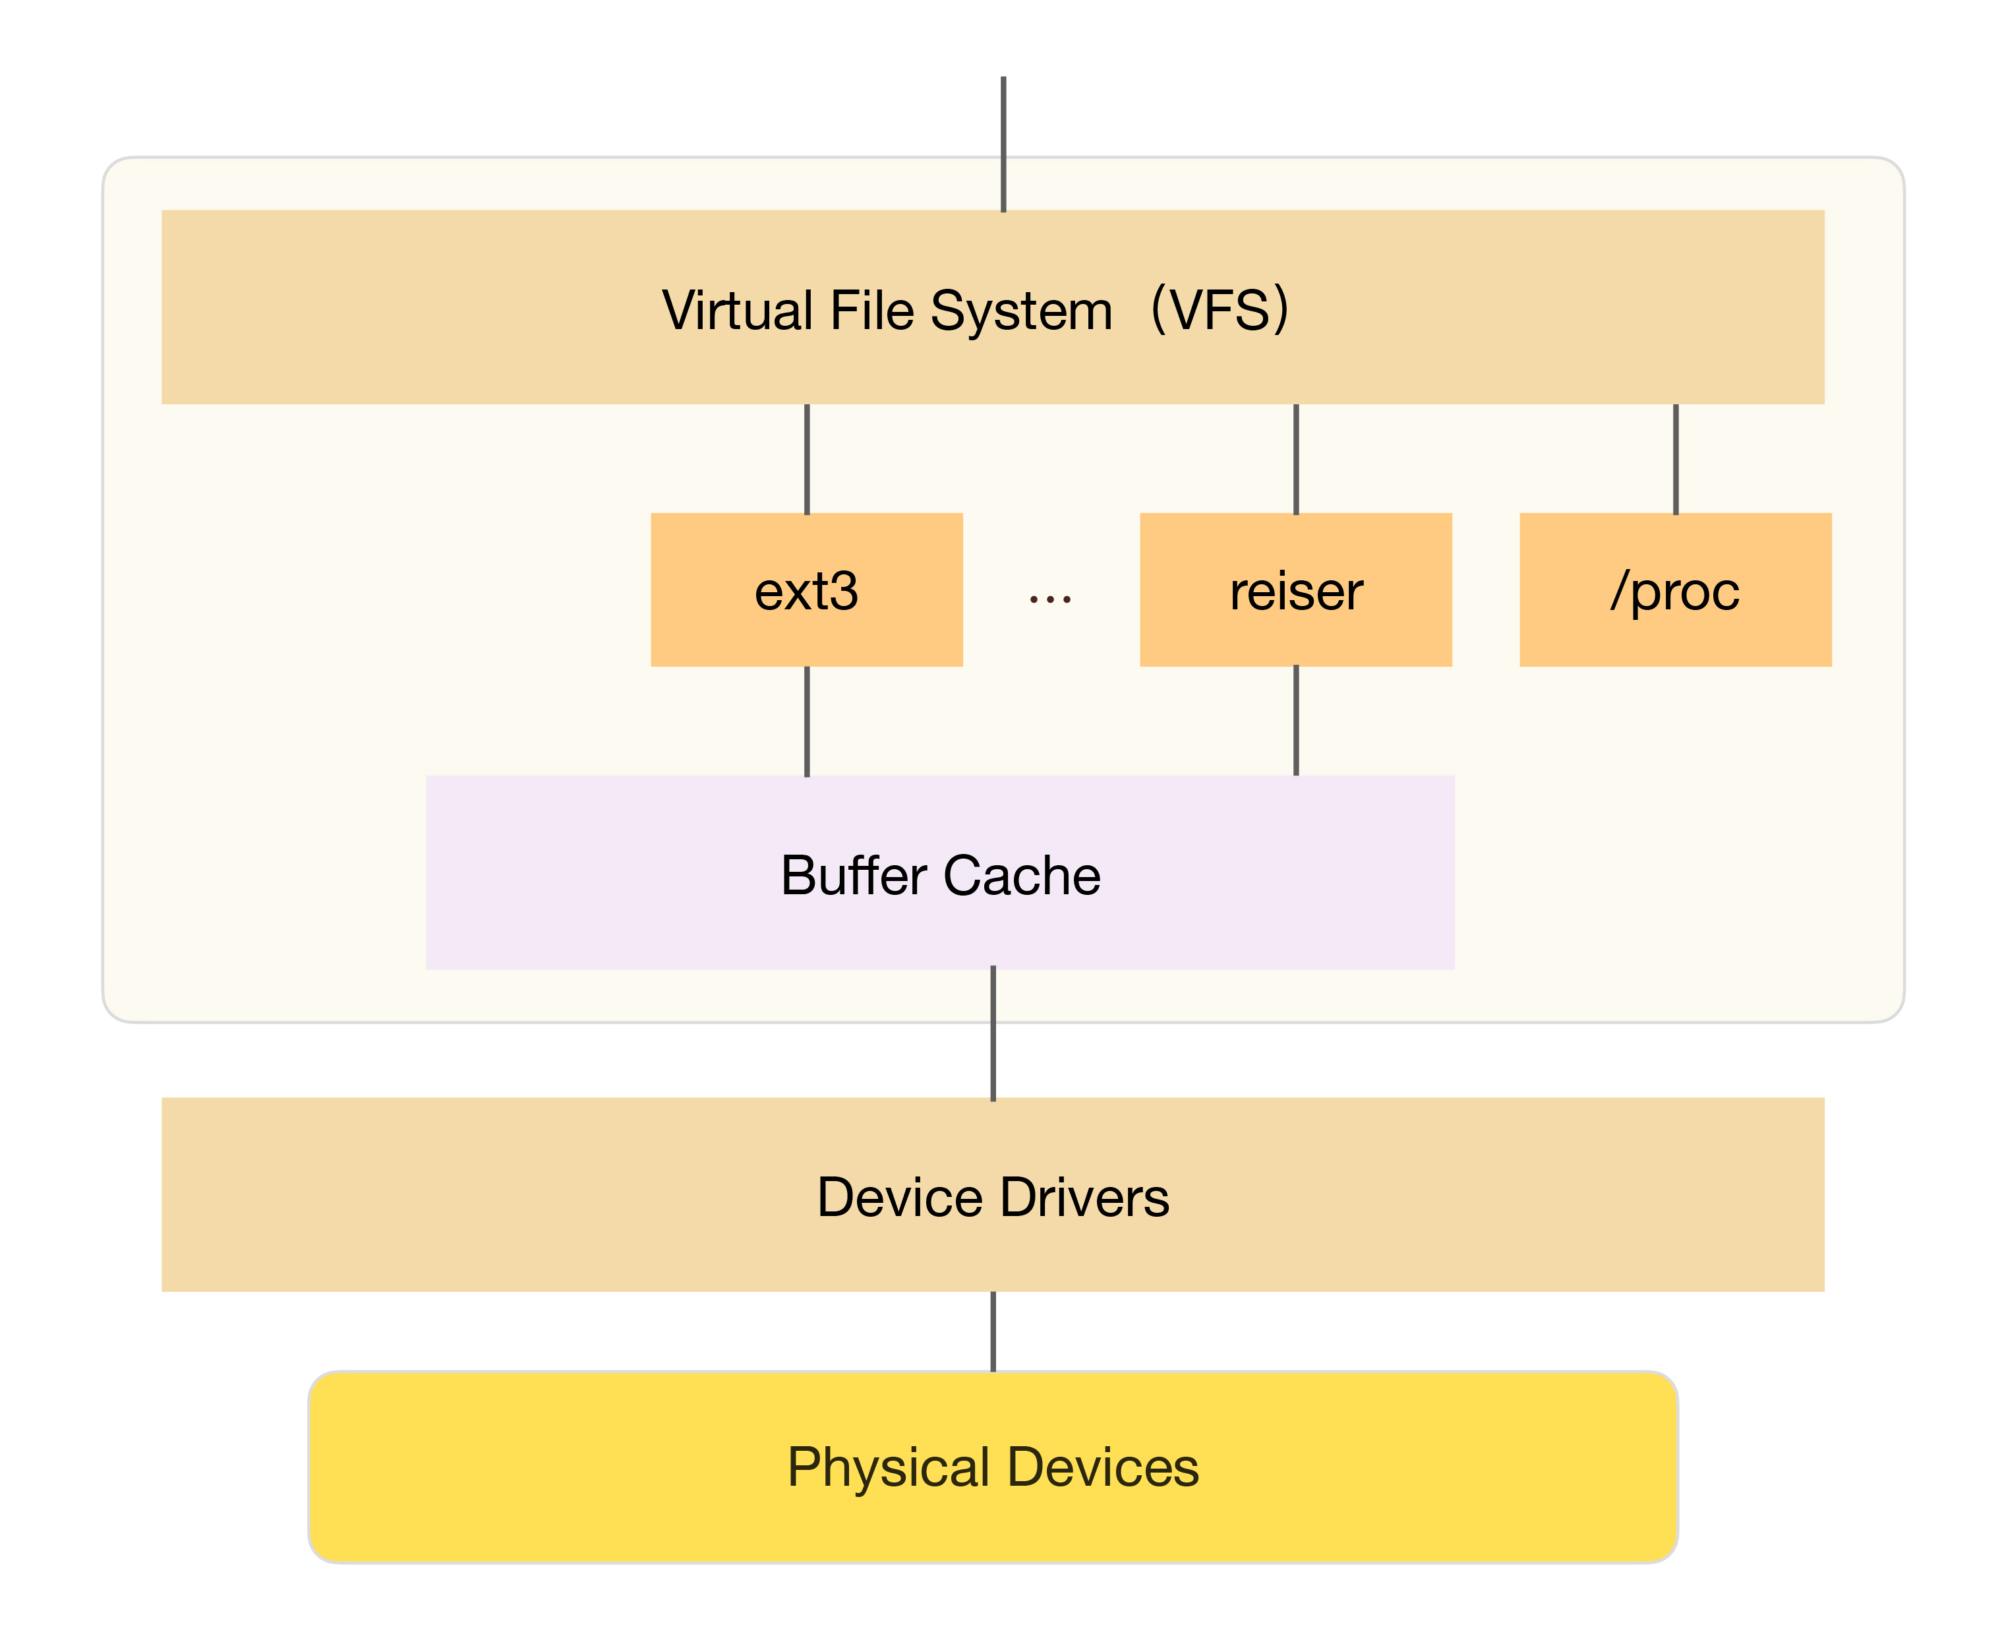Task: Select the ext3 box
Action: [807, 590]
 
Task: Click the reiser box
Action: [1296, 590]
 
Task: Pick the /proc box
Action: [1675, 590]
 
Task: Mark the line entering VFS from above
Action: [1003, 142]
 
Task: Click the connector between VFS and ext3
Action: [807, 459]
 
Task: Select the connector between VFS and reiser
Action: [1296, 459]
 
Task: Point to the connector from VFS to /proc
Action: [1676, 459]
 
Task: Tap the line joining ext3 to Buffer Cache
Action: [807, 721]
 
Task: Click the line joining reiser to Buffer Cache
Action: [1296, 721]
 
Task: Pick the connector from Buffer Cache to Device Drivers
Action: [993, 1033]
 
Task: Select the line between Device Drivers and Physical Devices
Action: [993, 1331]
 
